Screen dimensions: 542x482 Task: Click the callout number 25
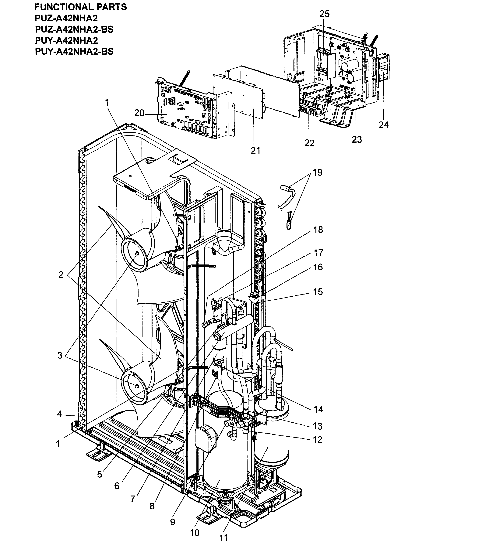click(324, 14)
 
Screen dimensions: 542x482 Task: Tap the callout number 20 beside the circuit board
click(139, 113)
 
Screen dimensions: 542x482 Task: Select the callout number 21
click(255, 151)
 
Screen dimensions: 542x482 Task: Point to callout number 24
click(383, 125)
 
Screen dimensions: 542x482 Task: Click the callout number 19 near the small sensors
click(317, 173)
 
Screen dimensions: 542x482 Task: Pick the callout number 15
click(318, 292)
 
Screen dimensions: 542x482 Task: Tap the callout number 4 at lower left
click(59, 414)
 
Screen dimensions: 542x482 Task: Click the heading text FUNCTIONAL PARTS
click(81, 7)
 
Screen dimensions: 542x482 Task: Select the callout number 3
click(60, 355)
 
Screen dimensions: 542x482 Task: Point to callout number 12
click(318, 439)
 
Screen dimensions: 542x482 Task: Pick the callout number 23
click(357, 139)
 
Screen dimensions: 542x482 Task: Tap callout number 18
click(318, 230)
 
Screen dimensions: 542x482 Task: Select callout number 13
click(318, 426)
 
